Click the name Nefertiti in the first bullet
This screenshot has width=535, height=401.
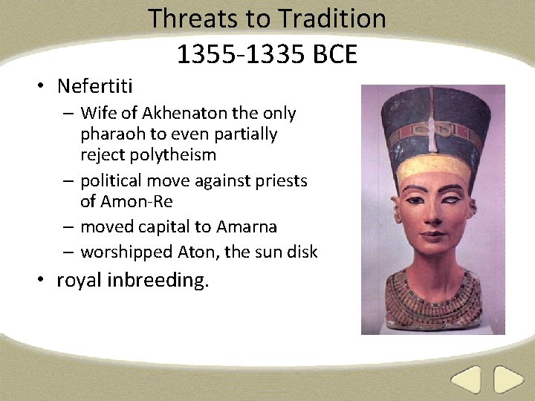[94, 87]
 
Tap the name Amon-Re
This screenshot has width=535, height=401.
[136, 201]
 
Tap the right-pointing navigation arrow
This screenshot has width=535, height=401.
[509, 380]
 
